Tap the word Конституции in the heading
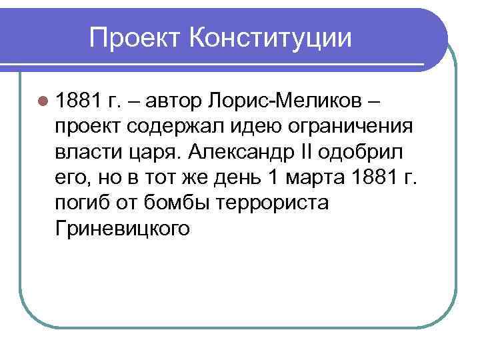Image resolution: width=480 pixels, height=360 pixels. pos(270,37)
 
